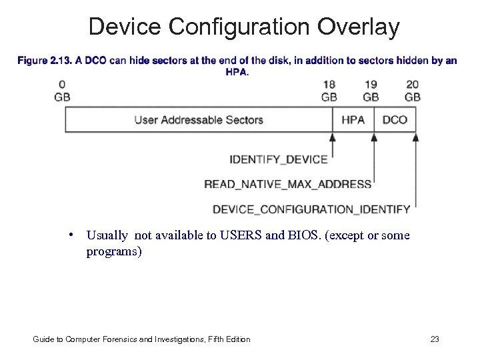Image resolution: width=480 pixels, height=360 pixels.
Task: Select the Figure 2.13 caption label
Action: pos(44,61)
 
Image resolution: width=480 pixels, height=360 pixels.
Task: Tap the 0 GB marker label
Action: pos(62,91)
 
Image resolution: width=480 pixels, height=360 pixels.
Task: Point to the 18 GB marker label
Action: pos(329,91)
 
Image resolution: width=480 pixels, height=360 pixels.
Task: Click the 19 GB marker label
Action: pos(371,91)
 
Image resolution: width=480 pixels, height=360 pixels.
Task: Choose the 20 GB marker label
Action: pos(413,91)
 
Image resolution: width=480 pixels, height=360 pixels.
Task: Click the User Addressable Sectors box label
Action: pos(199,120)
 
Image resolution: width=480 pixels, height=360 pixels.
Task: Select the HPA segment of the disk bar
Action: pos(353,120)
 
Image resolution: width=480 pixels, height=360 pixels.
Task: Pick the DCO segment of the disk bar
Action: pos(395,120)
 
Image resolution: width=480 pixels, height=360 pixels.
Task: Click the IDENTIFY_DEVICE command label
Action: pos(279,159)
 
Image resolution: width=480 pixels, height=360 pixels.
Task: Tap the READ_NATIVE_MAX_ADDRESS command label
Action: pos(287,184)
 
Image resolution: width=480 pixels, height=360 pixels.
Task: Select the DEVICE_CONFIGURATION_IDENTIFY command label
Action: pos(311,209)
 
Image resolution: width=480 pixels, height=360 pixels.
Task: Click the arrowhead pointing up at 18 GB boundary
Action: pos(332,137)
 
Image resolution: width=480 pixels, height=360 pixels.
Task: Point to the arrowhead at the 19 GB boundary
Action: pos(374,137)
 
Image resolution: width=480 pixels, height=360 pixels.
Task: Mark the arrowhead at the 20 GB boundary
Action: pos(416,137)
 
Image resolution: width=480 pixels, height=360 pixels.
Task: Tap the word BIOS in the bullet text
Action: pos(305,235)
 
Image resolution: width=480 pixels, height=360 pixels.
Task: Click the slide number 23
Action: pos(435,339)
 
